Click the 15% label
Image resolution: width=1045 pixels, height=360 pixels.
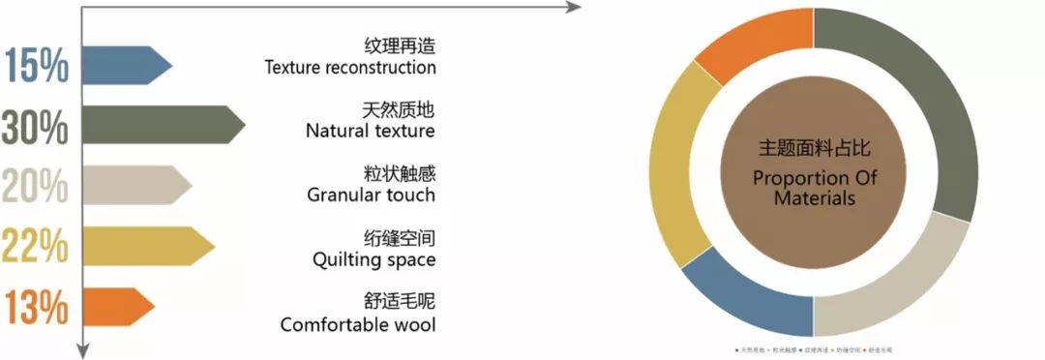(x=37, y=67)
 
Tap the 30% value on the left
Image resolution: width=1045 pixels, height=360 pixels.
(x=35, y=127)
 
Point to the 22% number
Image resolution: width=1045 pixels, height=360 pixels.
(x=35, y=246)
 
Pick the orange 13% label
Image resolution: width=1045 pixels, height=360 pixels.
(x=37, y=307)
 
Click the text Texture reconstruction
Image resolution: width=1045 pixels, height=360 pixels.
(x=349, y=68)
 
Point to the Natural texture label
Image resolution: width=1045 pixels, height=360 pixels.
(x=370, y=131)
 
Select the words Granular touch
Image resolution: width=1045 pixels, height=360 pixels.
(x=371, y=195)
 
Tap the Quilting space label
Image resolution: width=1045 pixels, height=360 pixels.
(x=373, y=259)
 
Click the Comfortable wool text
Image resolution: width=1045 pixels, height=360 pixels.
(x=357, y=324)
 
